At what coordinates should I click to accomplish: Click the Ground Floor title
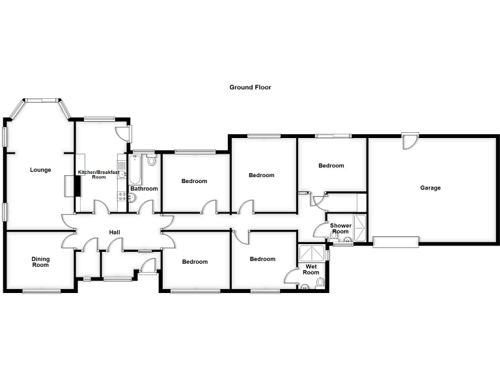(250, 87)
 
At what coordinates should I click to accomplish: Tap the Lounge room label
(40, 170)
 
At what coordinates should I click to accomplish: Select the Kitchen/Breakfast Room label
(98, 174)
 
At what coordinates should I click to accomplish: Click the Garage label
(430, 187)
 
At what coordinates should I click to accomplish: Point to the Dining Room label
(40, 262)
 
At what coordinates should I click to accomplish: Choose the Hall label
(114, 232)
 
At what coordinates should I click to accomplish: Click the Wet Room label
(311, 270)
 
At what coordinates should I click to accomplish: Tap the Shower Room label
(340, 229)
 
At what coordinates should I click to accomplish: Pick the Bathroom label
(144, 189)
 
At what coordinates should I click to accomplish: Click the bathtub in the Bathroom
(135, 169)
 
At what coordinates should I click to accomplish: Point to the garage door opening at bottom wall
(395, 242)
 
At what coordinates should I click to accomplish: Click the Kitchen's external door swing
(122, 132)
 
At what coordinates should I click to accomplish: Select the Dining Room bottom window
(41, 291)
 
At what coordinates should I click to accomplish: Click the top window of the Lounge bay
(42, 100)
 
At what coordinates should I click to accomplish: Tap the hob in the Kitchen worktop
(121, 180)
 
